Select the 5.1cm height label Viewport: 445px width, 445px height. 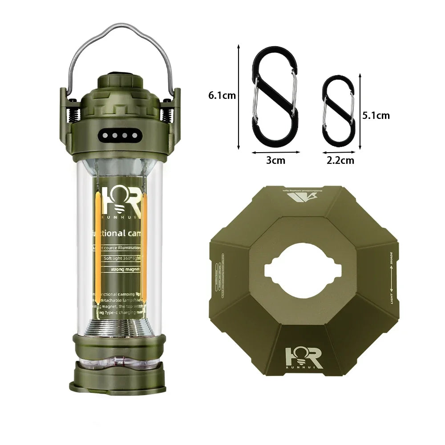click(376, 115)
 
